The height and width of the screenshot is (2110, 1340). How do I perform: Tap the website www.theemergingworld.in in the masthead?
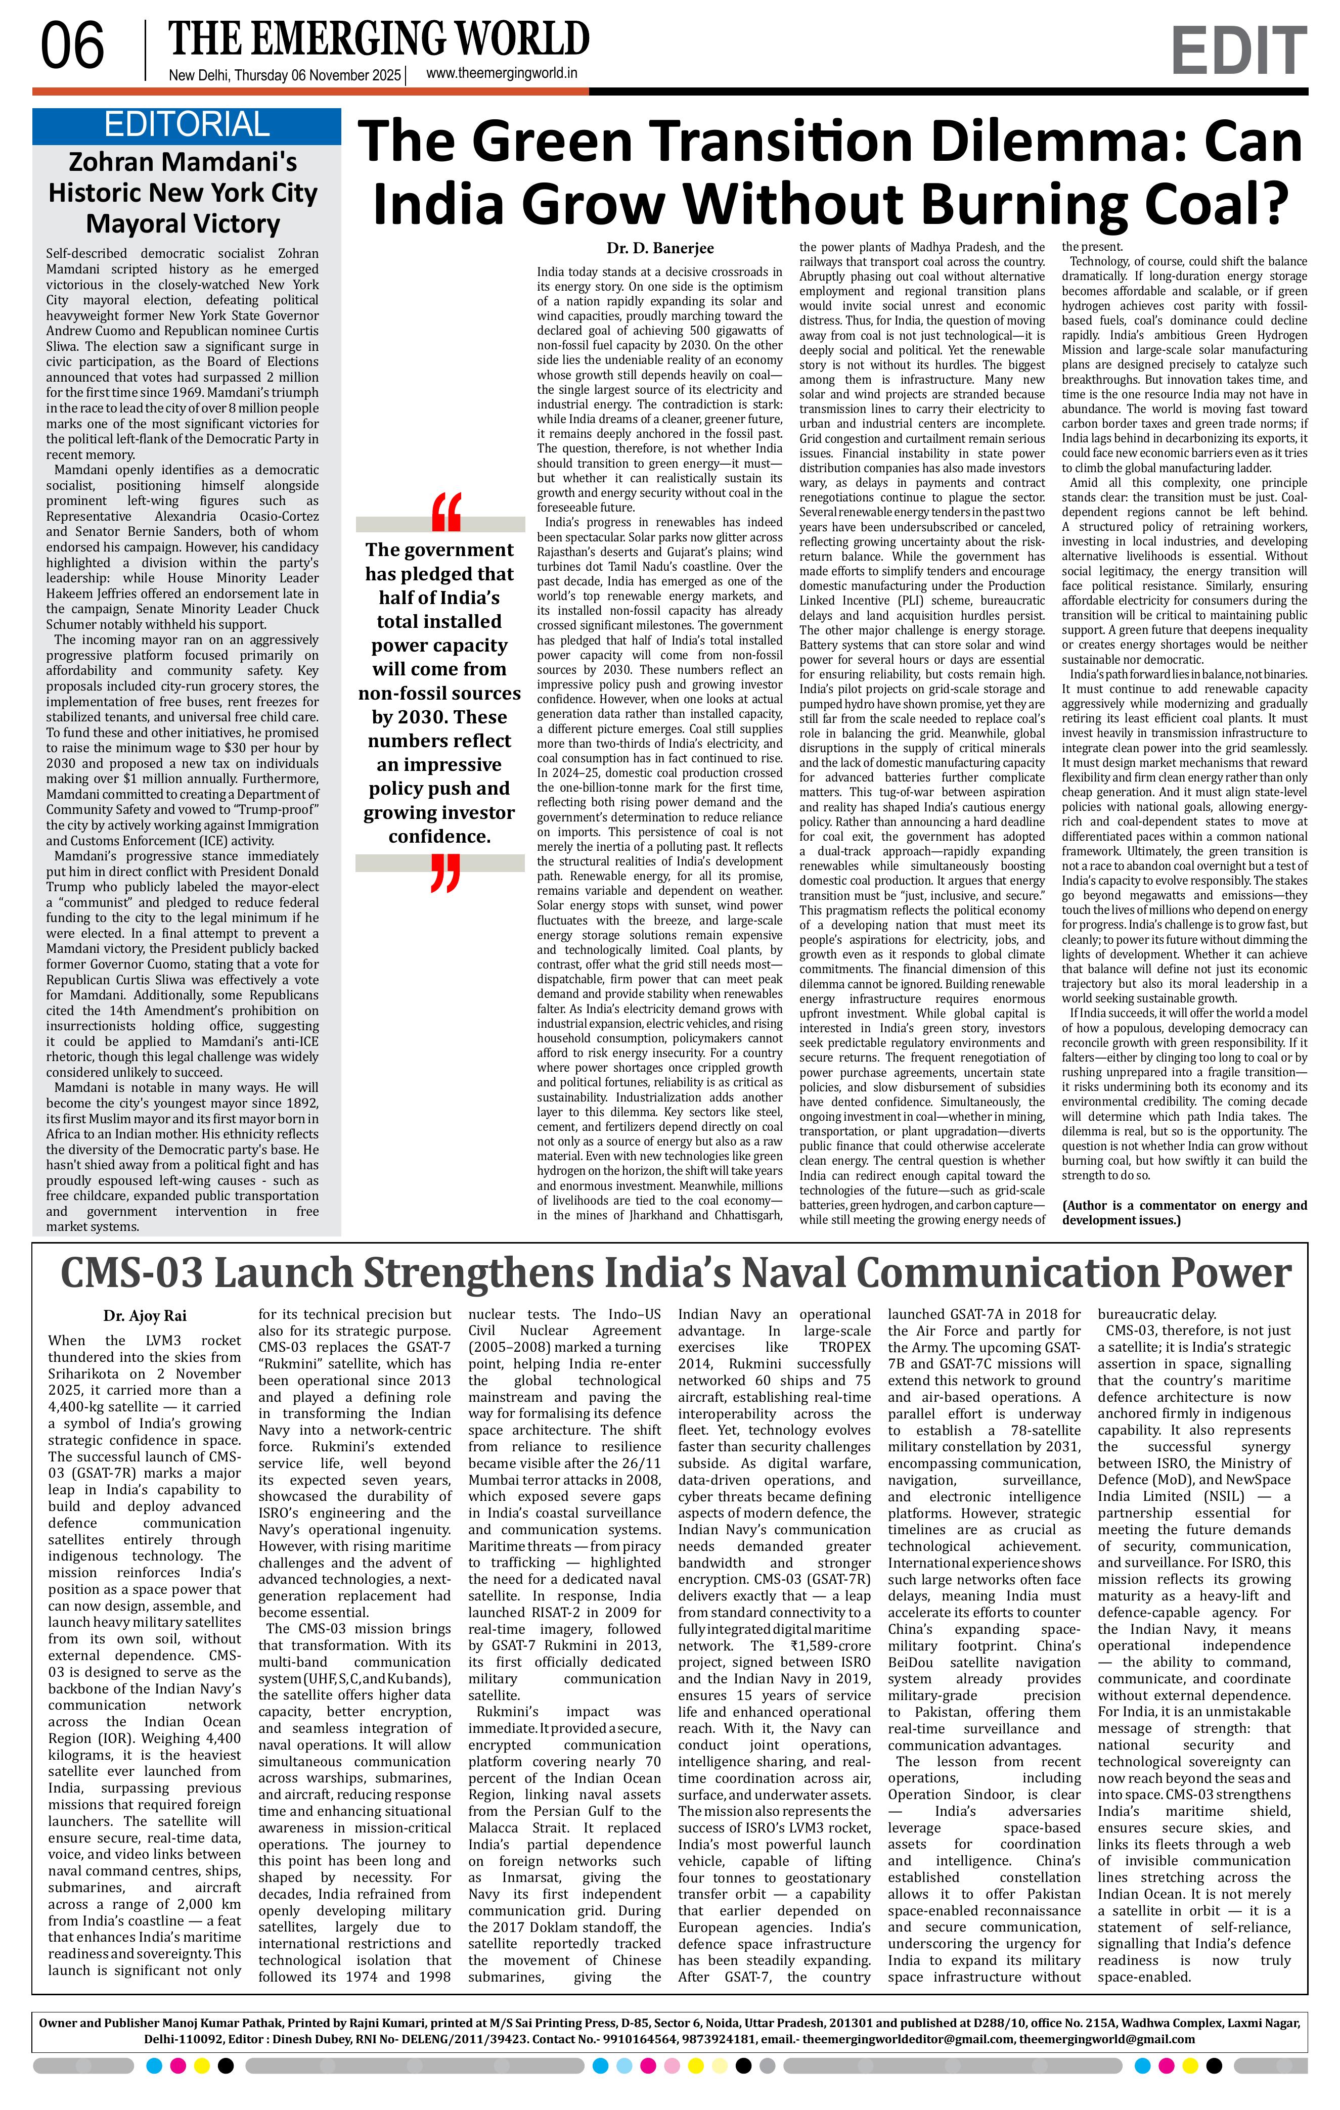(x=501, y=74)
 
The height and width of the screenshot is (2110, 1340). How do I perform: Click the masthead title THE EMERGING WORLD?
(x=379, y=38)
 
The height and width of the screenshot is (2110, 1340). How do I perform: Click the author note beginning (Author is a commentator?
(x=1183, y=1213)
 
